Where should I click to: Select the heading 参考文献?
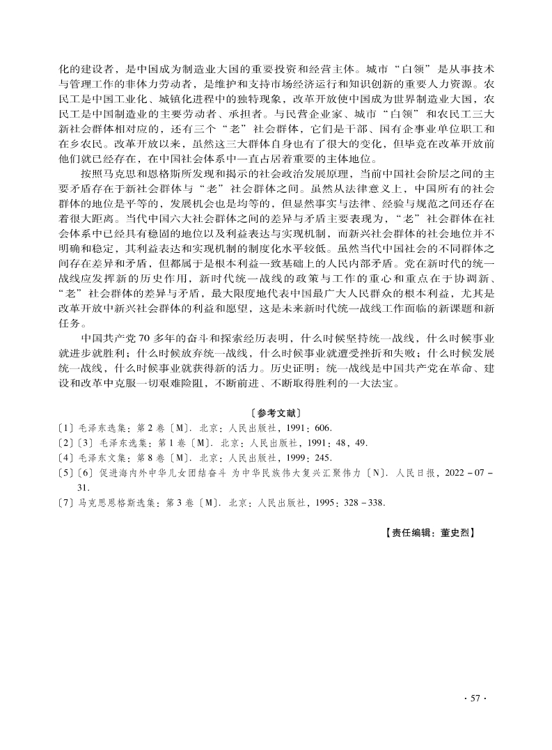(276, 413)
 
